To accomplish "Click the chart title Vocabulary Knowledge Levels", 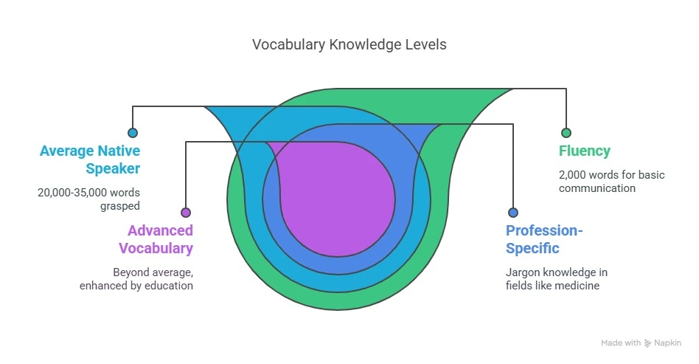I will tap(349, 44).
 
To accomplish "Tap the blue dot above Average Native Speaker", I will tap(133, 133).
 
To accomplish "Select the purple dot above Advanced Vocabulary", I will tap(186, 212).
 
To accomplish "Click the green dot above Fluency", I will tap(566, 133).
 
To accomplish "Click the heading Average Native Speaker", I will tap(90, 159).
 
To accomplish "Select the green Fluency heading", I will tap(585, 151).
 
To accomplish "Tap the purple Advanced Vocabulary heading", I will tap(160, 239).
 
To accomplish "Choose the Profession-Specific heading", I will tap(544, 239).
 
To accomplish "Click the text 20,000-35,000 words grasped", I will tap(88, 199).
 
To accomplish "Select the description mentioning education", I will tap(136, 278).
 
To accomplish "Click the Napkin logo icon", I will tap(648, 343).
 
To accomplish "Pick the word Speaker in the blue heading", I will tap(113, 168).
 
